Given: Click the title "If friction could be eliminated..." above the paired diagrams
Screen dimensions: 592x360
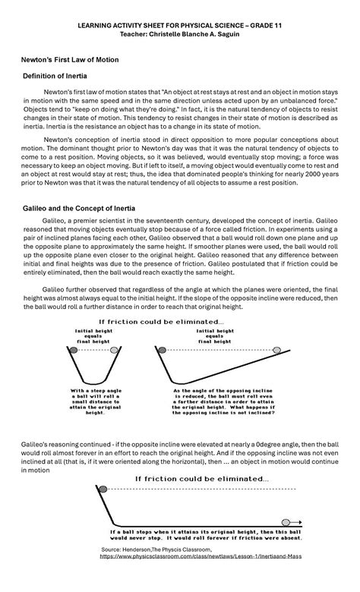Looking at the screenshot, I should pyautogui.click(x=180, y=322).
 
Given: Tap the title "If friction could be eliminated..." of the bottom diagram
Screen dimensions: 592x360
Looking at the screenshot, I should pyautogui.click(x=201, y=478).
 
